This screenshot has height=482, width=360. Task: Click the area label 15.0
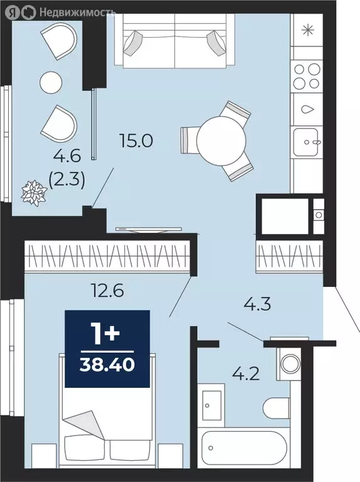[136, 141]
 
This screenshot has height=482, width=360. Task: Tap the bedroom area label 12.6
[108, 289]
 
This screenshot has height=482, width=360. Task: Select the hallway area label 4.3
[257, 304]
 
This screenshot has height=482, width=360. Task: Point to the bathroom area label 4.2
[246, 374]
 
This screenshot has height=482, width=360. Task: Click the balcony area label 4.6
[67, 156]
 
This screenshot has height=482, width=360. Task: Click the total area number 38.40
[107, 365]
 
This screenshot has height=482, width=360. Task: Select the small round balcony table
[51, 82]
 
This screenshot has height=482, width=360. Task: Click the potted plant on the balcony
[34, 194]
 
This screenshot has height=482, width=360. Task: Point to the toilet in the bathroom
[276, 408]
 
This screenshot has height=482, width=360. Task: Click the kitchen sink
[306, 142]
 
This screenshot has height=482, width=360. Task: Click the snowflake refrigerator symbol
[308, 30]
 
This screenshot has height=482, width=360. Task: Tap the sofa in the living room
[175, 41]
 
